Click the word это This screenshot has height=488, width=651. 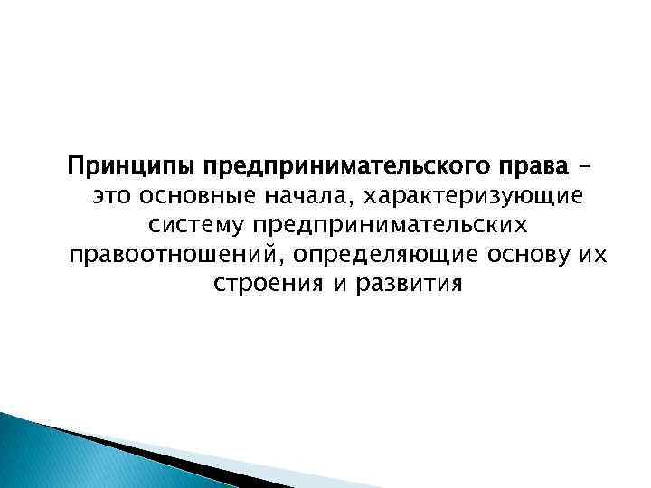[x=110, y=198]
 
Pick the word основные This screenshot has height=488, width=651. [x=190, y=198]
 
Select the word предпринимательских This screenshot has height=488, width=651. [x=404, y=227]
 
